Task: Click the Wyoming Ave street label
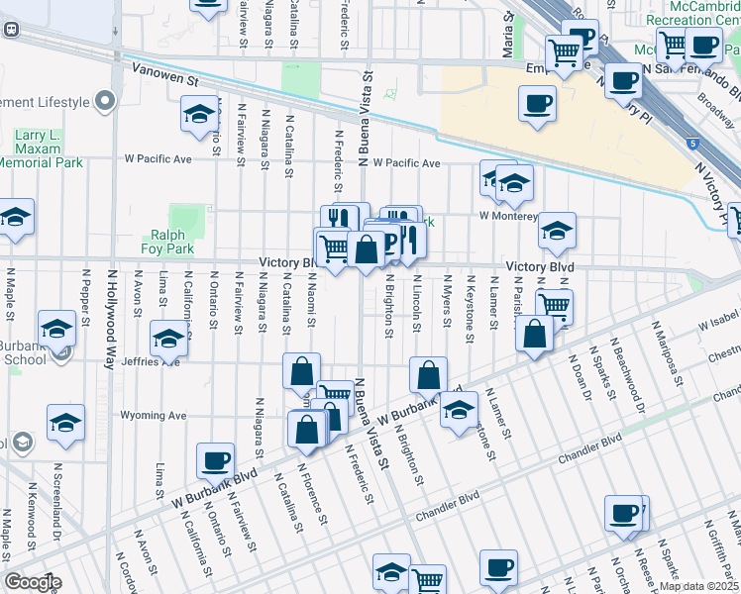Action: [153, 416]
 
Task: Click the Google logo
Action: [33, 582]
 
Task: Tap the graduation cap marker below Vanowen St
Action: [199, 115]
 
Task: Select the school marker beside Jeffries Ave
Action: [169, 339]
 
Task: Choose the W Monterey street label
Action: [507, 215]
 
